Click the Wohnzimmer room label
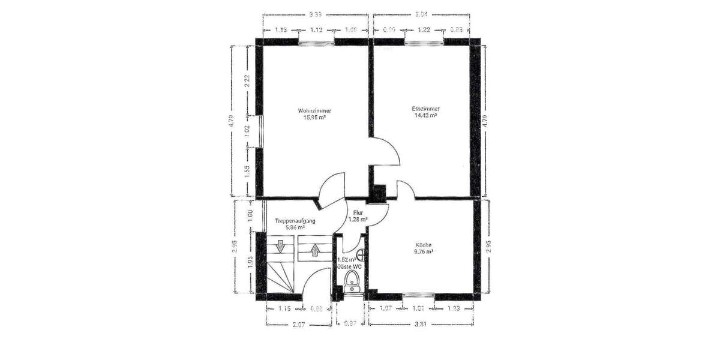point(314,111)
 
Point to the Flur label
point(358,213)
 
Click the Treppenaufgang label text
point(295,221)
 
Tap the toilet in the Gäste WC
point(352,281)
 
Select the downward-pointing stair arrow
point(279,245)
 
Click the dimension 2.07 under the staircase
point(298,325)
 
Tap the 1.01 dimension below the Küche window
point(419,309)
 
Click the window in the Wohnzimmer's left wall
point(259,131)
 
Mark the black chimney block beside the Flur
point(379,193)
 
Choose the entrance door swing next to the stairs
point(315,282)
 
